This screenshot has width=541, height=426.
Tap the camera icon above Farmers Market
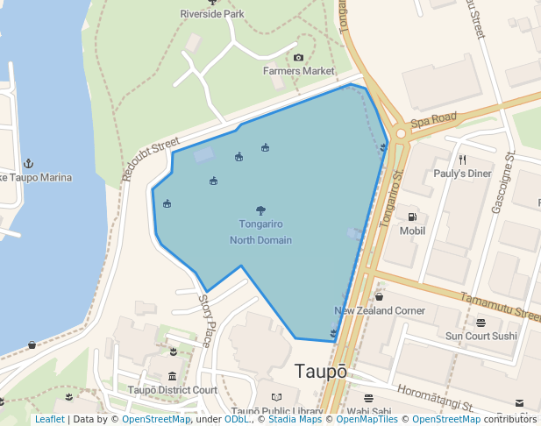click(x=298, y=58)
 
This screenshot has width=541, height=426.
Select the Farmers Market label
click(x=299, y=70)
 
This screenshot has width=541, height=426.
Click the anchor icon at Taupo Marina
click(x=27, y=164)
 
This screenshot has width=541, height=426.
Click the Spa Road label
click(x=434, y=118)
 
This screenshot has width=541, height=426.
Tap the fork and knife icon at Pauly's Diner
click(x=462, y=160)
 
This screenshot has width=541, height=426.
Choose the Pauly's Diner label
click(x=462, y=174)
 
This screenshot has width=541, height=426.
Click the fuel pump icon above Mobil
click(x=411, y=217)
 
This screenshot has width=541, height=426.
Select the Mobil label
click(x=412, y=231)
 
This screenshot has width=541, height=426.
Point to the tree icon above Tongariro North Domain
click(x=260, y=210)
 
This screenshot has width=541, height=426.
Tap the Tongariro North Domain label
click(x=260, y=232)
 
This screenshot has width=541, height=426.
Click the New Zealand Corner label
click(x=380, y=311)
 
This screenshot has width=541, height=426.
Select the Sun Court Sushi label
click(x=481, y=337)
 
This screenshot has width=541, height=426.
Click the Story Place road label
click(x=206, y=320)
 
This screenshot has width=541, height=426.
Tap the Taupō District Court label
click(x=172, y=390)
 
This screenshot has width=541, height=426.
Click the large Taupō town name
click(x=321, y=371)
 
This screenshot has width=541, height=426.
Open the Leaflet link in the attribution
click(x=49, y=419)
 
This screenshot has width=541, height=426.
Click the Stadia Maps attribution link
click(x=295, y=419)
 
